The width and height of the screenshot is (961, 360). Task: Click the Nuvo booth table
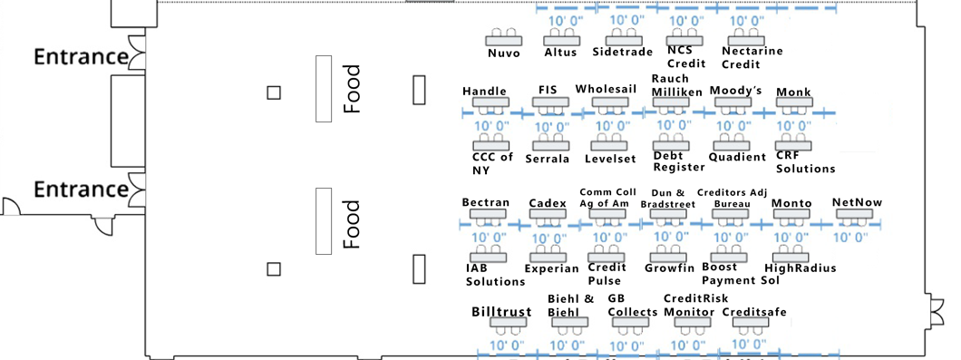coord(503,41)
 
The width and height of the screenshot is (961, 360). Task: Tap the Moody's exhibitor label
coord(735,91)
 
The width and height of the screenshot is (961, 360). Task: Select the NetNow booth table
coord(855,213)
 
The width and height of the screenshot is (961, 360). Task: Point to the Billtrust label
coord(501,311)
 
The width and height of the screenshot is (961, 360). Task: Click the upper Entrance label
coord(81,57)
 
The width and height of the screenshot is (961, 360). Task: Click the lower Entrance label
coord(81,189)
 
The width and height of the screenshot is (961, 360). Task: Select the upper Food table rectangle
coord(324,88)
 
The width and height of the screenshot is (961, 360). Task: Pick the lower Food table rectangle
coord(324,220)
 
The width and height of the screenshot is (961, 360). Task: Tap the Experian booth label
coord(551,268)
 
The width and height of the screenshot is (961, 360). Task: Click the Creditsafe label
coord(754,312)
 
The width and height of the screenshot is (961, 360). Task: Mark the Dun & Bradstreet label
coord(668,199)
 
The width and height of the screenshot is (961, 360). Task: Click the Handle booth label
coord(485,92)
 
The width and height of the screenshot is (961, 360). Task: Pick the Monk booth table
coord(794,102)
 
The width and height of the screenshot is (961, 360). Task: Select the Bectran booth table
coord(488,213)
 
